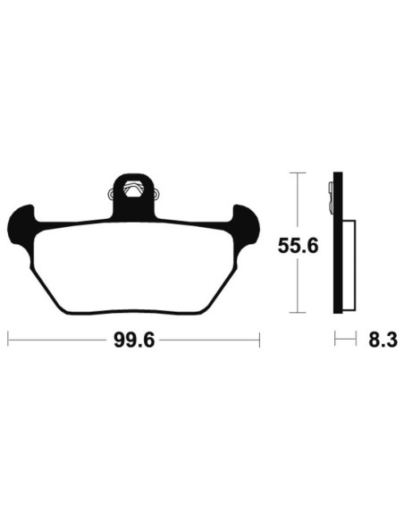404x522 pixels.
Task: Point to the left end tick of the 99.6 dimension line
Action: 8,340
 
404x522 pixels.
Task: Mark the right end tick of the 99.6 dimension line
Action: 258,340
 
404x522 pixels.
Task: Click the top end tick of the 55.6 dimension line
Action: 299,172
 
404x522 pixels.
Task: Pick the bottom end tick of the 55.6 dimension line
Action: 299,312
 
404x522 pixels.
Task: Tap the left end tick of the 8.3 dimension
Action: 335,340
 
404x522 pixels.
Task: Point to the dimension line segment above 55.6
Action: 299,201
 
